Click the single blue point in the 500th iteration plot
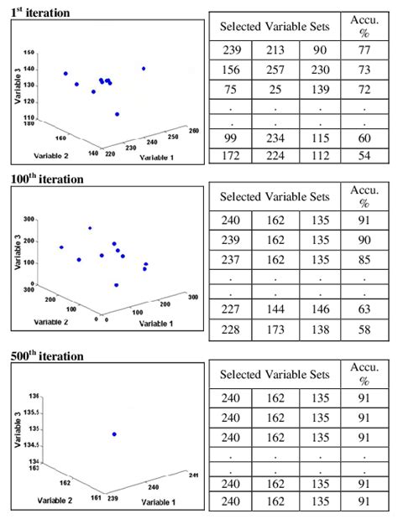(114, 433)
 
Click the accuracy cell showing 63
(364, 309)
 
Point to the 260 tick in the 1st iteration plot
(195, 131)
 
